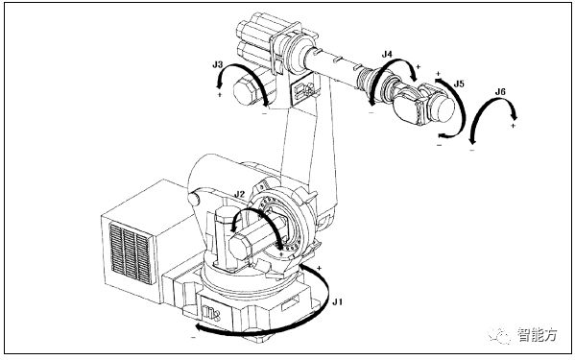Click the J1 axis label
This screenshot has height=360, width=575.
pos(337,302)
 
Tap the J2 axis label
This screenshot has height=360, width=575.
pos(239,194)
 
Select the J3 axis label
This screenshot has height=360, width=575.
pos(218,64)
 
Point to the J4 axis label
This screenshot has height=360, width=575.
pos(387,55)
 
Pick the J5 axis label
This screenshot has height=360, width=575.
pos(459,84)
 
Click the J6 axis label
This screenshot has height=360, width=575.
pos(500,91)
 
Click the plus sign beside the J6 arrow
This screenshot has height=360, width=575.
pos(513,126)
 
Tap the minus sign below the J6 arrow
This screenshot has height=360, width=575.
pos(472,150)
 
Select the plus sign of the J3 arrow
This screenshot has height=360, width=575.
pos(220,95)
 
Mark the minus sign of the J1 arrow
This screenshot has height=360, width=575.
pos(194,337)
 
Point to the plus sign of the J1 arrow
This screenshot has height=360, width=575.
pos(319,269)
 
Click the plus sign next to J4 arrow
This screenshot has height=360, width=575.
pos(418,67)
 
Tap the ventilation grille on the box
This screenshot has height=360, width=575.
pos(131,253)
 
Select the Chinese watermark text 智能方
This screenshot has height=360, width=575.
pos(538,334)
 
